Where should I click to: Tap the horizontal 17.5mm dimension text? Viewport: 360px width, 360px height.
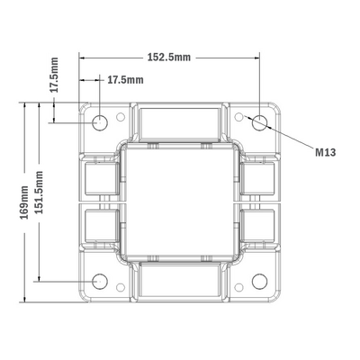click(x=125, y=80)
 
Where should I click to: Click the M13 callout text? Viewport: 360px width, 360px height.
click(x=326, y=153)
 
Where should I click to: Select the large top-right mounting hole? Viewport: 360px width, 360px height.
click(x=260, y=121)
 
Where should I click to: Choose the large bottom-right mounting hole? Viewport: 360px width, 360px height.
click(x=260, y=280)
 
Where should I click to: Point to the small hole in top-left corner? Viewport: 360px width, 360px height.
click(x=121, y=115)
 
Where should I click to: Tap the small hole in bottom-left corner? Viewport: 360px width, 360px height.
click(x=121, y=287)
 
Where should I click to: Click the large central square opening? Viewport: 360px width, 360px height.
click(x=180, y=201)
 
